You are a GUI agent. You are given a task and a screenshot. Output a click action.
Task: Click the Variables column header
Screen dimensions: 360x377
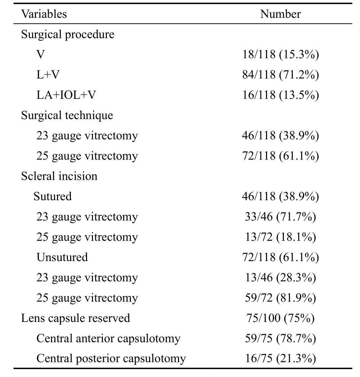click(44, 14)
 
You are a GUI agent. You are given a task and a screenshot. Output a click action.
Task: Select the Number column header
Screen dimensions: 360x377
click(280, 14)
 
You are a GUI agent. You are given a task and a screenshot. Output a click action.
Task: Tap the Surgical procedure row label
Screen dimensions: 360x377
click(68, 35)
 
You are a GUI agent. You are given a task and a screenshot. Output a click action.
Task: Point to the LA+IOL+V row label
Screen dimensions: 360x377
click(66, 95)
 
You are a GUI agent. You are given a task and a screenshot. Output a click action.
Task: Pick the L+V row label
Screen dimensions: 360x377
click(48, 75)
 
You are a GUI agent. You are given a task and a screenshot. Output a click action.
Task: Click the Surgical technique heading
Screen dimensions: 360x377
click(67, 116)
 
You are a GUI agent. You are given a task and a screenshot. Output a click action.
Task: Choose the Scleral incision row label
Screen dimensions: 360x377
click(59, 176)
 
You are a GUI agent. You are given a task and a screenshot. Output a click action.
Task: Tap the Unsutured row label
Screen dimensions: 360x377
click(62, 257)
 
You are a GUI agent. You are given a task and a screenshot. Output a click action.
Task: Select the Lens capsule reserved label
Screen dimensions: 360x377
click(75, 318)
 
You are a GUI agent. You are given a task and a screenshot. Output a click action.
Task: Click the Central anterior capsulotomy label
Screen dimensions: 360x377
click(108, 338)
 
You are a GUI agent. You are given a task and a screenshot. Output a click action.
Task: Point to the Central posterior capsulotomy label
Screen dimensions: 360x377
click(111, 359)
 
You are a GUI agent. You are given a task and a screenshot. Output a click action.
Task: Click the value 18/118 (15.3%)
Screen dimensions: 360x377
click(281, 54)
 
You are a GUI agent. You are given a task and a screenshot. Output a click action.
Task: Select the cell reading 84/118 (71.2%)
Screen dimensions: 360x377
click(281, 75)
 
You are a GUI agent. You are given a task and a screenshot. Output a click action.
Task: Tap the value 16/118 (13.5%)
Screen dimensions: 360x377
click(281, 95)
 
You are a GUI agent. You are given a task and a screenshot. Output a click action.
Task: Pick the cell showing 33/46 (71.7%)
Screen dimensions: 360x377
click(281, 217)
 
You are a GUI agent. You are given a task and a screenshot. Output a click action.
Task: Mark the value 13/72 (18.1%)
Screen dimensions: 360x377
click(281, 237)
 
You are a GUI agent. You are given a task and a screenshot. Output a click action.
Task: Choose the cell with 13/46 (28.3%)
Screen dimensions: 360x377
click(281, 278)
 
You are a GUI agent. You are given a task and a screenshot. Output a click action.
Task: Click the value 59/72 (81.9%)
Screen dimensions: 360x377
click(281, 298)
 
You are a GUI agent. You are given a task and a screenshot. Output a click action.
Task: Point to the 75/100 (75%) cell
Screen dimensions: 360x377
click(281, 318)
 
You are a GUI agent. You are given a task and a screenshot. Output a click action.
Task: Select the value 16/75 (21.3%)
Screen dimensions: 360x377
click(281, 359)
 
